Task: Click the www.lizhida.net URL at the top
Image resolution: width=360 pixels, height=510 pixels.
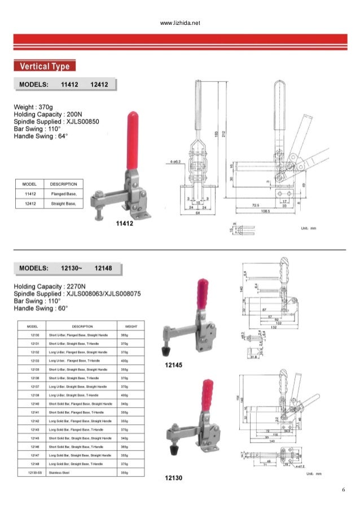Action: pos(181,23)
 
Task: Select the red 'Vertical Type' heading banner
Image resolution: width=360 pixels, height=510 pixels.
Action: pos(45,66)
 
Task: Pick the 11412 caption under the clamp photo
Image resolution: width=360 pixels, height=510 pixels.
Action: pos(124,224)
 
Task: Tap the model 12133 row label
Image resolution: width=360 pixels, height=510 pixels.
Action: pos(34,360)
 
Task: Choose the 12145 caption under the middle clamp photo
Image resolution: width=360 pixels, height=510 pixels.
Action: pos(173,365)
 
